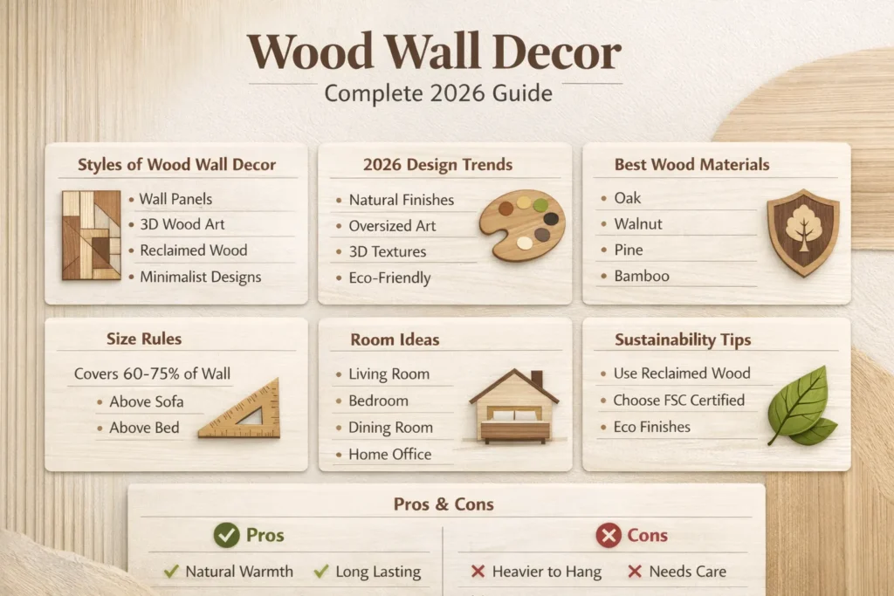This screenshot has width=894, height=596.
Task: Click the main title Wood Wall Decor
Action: (x=434, y=53)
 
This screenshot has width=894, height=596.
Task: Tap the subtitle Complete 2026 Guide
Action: (x=438, y=92)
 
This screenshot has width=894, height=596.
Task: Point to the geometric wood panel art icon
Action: (x=91, y=235)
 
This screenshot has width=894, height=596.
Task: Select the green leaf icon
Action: (x=800, y=406)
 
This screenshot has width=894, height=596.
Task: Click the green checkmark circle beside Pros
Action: (x=226, y=535)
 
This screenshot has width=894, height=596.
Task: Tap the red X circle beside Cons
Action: (x=609, y=535)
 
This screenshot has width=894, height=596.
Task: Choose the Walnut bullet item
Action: (x=638, y=224)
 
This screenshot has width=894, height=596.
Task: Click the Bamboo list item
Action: (x=642, y=276)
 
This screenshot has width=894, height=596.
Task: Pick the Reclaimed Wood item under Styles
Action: (x=193, y=250)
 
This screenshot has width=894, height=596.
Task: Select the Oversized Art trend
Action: (x=392, y=226)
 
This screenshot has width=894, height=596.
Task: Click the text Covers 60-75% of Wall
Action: (x=152, y=373)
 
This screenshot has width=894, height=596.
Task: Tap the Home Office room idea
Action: (x=389, y=454)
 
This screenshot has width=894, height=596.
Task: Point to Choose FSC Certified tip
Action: (x=678, y=401)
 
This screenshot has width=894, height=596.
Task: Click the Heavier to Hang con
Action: (x=547, y=572)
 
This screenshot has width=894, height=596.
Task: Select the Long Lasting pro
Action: (x=378, y=572)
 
